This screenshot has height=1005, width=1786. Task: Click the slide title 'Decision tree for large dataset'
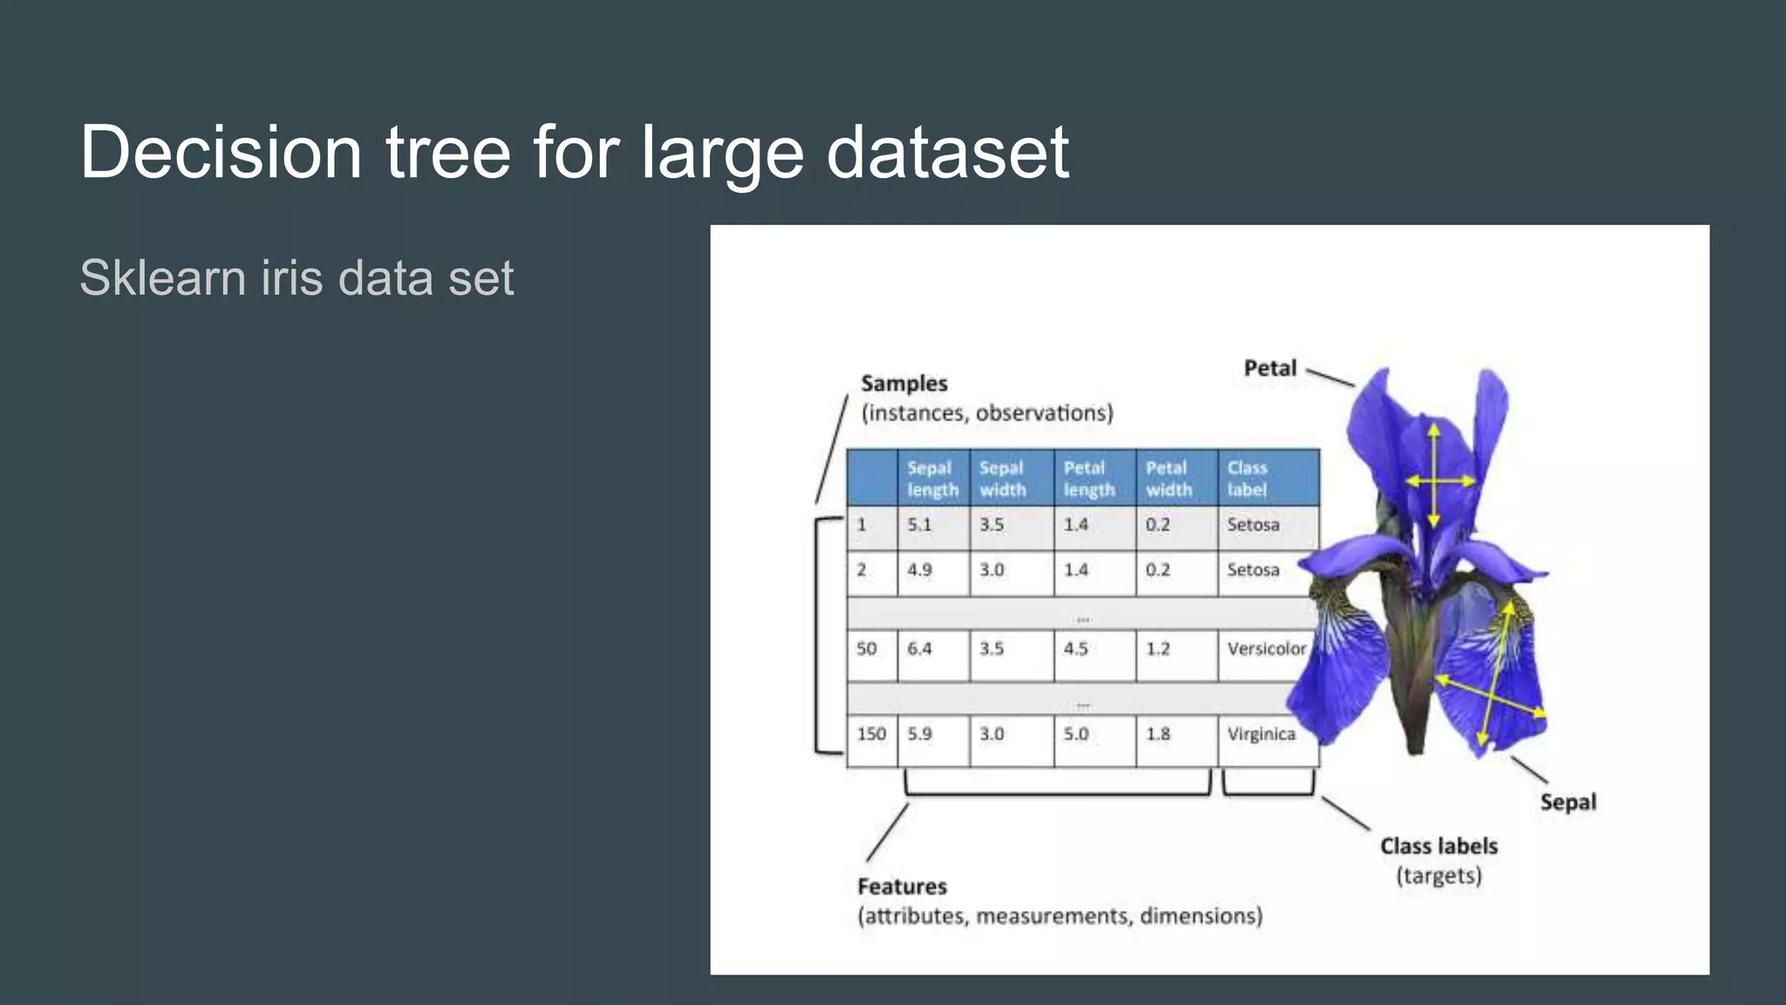(574, 152)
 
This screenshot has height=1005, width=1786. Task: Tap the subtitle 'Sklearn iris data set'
(297, 277)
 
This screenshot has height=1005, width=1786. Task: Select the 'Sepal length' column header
(931, 478)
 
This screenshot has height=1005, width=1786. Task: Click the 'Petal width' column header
(1168, 478)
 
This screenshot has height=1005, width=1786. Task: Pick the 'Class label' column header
(1247, 478)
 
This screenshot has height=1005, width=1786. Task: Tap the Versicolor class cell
(1266, 649)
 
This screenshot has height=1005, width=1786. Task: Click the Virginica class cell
(1261, 735)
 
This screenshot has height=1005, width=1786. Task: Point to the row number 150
(870, 735)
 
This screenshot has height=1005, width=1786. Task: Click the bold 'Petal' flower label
(1270, 368)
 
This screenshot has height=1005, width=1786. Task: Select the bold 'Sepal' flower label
(1567, 803)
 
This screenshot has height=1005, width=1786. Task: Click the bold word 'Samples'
(903, 384)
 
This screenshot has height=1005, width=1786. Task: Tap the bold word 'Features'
(902, 887)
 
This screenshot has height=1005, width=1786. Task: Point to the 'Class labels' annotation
(1438, 846)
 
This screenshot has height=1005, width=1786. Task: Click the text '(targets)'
(1438, 876)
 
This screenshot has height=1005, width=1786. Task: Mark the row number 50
(866, 649)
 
